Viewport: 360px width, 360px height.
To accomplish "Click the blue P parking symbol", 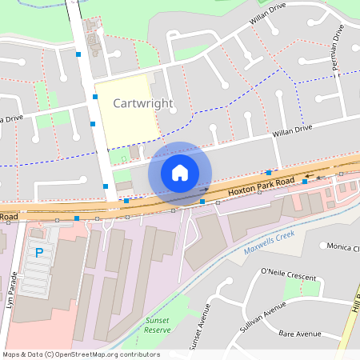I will click(x=38, y=254).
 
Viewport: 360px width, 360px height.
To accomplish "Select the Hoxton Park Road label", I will click(x=257, y=190).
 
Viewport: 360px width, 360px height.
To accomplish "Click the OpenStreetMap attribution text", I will click(x=80, y=354).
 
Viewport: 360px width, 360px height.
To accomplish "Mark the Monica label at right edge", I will click(x=342, y=247).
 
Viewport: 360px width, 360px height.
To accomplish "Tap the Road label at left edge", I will click(x=9, y=216).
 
